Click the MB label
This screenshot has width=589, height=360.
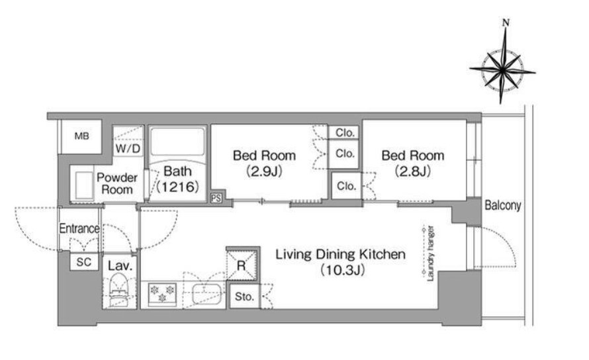81,136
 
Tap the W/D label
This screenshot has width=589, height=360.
128,148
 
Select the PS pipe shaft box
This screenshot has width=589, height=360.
216,198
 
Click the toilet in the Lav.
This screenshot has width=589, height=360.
119,290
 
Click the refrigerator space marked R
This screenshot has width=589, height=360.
242,265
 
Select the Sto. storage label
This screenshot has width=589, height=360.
244,296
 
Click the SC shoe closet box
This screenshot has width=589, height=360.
84,261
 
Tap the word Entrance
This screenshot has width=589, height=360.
79,228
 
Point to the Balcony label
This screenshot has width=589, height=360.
502,205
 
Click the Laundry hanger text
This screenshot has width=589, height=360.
431,253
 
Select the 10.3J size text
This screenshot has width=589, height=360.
342,270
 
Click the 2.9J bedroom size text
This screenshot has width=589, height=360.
264,171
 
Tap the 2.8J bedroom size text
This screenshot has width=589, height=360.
412,171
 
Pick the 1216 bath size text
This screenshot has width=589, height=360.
177,187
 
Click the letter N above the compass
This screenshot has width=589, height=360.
506,22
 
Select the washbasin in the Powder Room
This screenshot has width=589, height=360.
84,185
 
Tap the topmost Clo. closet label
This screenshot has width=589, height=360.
345,132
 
